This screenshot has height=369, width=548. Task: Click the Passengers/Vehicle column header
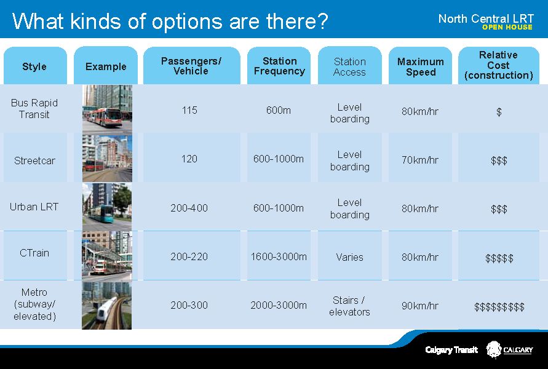pyautogui.click(x=191, y=66)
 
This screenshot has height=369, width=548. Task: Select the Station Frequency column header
pyautogui.click(x=279, y=66)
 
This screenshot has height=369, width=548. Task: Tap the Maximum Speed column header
pyautogui.click(x=421, y=67)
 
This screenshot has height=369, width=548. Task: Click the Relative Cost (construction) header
pyautogui.click(x=498, y=65)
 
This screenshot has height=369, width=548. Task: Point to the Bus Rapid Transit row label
pyautogui.click(x=34, y=109)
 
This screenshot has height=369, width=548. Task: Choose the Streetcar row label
pyautogui.click(x=34, y=161)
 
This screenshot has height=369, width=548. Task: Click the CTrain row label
pyautogui.click(x=34, y=253)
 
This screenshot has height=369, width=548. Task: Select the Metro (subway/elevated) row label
pyautogui.click(x=34, y=304)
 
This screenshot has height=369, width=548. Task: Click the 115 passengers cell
pyautogui.click(x=189, y=111)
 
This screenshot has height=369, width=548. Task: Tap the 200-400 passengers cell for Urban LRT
pyautogui.click(x=189, y=208)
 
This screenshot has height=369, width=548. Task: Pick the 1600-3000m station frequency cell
pyautogui.click(x=279, y=257)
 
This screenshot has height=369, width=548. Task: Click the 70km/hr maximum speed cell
pyautogui.click(x=419, y=160)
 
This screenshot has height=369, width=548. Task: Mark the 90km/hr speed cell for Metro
pyautogui.click(x=419, y=306)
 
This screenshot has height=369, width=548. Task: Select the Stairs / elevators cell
pyautogui.click(x=349, y=306)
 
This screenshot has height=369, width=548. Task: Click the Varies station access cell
pyautogui.click(x=349, y=257)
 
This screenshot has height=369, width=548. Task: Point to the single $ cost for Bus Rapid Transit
pyautogui.click(x=499, y=112)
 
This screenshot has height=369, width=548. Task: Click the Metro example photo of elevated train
pyautogui.click(x=106, y=306)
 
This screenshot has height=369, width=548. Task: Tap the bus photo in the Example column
pyautogui.click(x=107, y=109)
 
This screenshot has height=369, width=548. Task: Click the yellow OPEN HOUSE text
pyautogui.click(x=507, y=27)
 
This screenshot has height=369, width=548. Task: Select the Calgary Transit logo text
pyautogui.click(x=451, y=350)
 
